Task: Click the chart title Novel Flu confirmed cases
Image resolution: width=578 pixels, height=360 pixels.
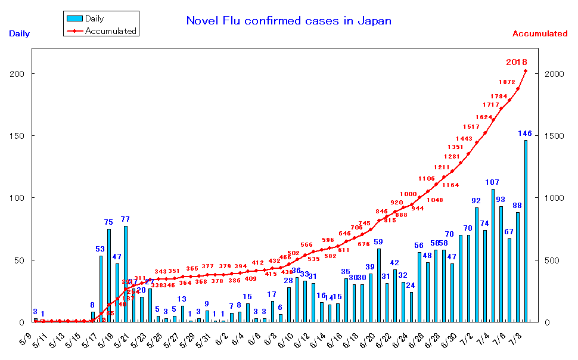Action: (288, 21)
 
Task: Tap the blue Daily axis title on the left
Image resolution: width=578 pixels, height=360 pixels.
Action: (19, 34)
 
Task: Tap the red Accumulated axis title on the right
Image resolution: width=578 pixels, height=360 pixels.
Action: (539, 34)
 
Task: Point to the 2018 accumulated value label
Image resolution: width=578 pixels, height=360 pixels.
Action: (516, 62)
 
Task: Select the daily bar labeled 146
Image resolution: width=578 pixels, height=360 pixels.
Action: (526, 231)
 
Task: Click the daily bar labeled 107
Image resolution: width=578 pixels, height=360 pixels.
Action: (493, 255)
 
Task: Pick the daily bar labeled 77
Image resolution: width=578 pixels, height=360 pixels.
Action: (125, 274)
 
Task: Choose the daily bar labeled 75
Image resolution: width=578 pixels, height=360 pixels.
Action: (109, 275)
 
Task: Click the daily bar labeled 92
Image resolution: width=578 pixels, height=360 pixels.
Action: (476, 264)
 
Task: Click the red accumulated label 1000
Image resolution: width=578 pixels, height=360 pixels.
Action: (409, 194)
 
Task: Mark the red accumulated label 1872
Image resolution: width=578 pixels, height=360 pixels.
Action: (508, 82)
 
